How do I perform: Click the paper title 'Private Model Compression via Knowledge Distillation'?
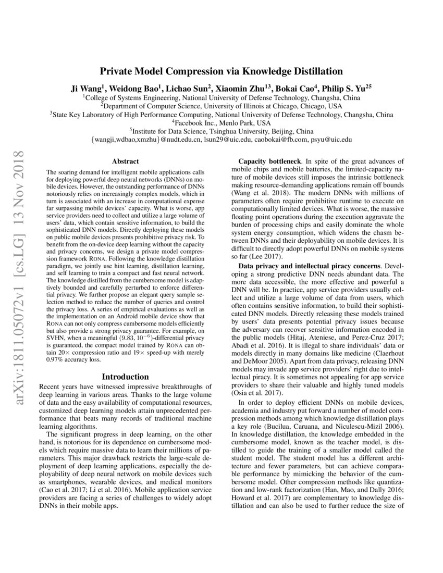[221, 71]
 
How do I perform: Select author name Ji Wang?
[88, 88]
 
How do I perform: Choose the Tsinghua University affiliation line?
[221, 131]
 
